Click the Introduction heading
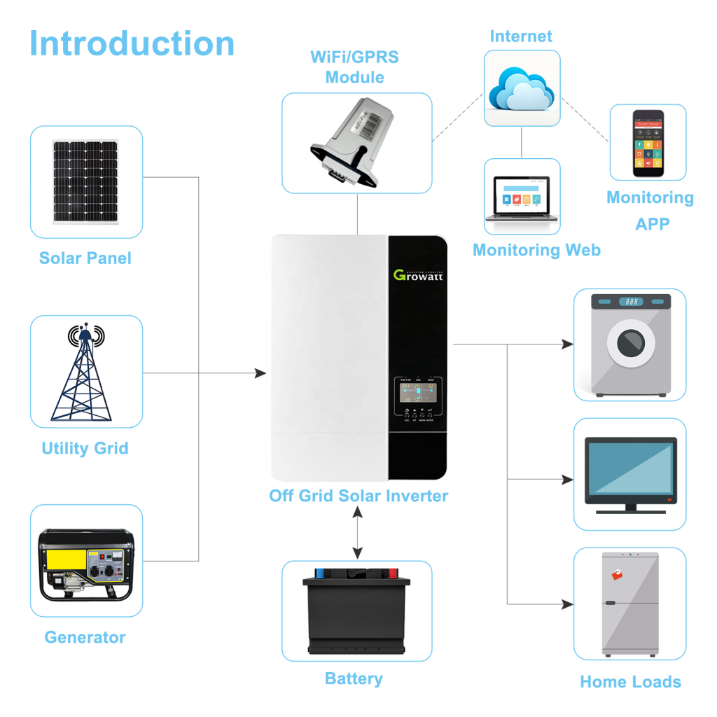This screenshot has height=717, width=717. pos(132,43)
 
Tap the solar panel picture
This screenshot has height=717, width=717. pos(86,182)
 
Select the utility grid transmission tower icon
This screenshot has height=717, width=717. pos(85,372)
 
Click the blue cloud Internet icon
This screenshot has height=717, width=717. pos(522,88)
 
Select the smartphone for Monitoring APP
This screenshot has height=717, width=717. pos(648,143)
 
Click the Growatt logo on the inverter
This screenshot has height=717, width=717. pos(418,274)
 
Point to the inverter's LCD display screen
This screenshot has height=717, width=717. pos(418,392)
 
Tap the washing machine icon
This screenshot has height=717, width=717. pos(630,345)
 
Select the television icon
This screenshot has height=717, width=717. pos(630,475)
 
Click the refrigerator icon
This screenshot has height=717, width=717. pos(630,603)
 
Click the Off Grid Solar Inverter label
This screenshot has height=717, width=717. pos(358,496)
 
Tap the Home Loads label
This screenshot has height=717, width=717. pos(630,682)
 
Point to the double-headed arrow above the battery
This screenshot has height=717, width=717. pos(358,533)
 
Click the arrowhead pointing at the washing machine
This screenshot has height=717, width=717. pos(568,344)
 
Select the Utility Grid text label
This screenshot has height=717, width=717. pos(85,448)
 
